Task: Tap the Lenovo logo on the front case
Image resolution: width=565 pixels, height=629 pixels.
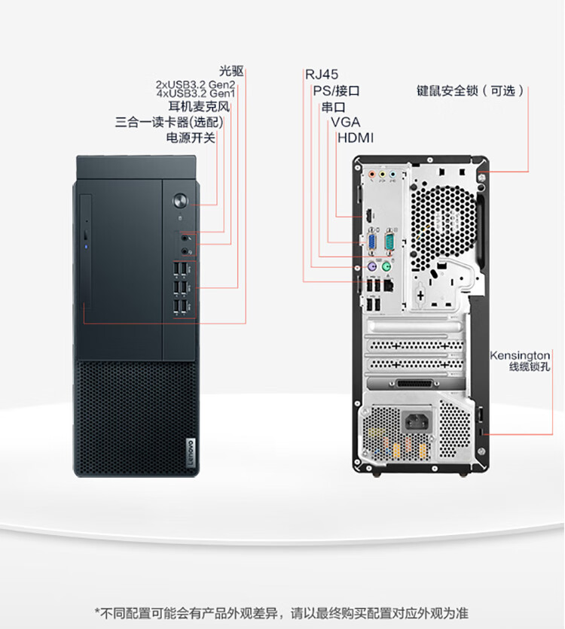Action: pyautogui.click(x=190, y=453)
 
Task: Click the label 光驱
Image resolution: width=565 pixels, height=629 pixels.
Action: pyautogui.click(x=231, y=71)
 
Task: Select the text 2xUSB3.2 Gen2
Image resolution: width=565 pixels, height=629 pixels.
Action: pyautogui.click(x=195, y=84)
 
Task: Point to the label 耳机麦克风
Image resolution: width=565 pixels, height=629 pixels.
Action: pyautogui.click(x=199, y=106)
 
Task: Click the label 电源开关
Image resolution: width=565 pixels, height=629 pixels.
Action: pyautogui.click(x=191, y=138)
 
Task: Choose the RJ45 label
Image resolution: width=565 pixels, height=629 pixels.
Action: pyautogui.click(x=322, y=74)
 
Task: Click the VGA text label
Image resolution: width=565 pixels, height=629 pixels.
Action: pyautogui.click(x=345, y=122)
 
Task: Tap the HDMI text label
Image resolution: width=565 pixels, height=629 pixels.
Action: pyautogui.click(x=356, y=138)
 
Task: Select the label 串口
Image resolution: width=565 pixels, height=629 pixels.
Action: pyautogui.click(x=334, y=106)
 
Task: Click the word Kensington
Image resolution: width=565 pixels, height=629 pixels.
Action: pyautogui.click(x=520, y=355)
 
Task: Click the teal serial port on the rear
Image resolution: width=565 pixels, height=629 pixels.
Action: pyautogui.click(x=389, y=242)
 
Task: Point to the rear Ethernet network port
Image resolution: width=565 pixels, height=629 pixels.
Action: pyautogui.click(x=386, y=285)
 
